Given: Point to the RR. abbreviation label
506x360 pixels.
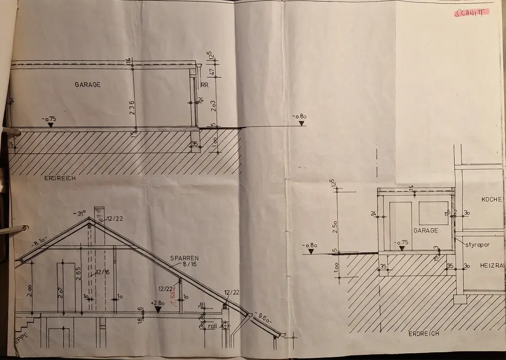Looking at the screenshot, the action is tap(204, 85).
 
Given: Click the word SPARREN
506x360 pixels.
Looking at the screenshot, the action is tap(184, 258).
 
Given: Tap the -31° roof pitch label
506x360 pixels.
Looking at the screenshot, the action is tap(79, 213).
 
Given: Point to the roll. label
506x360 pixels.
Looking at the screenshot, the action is tap(213, 327).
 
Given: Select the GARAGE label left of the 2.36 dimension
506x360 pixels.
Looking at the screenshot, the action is tap(88, 85).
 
